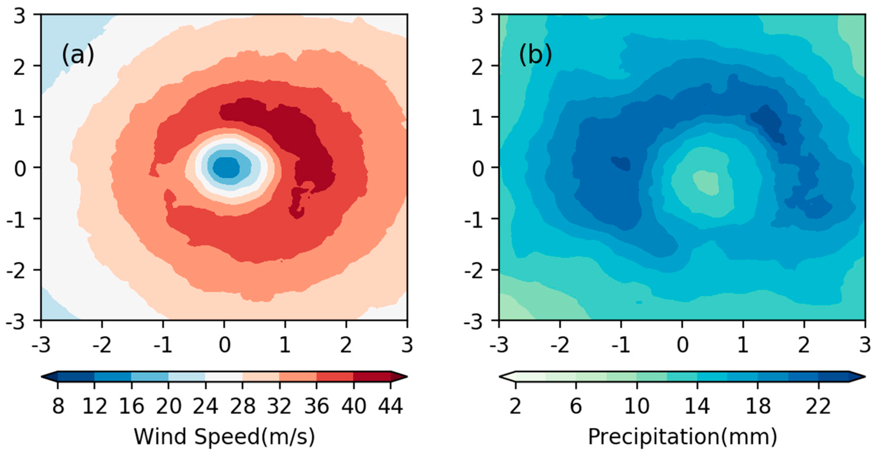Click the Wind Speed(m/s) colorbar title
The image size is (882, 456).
pyautogui.click(x=224, y=437)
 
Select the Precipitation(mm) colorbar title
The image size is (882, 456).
pyautogui.click(x=682, y=437)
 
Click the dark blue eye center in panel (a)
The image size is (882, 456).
pyautogui.click(x=226, y=168)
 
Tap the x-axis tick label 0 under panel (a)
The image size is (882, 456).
pyautogui.click(x=224, y=345)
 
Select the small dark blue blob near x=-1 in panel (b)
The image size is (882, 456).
pyautogui.click(x=621, y=163)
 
